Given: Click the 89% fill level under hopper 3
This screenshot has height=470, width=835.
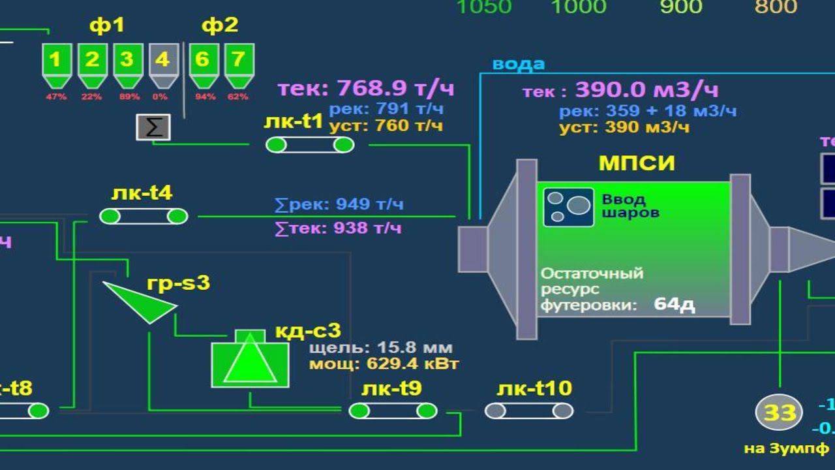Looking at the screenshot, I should (x=127, y=97).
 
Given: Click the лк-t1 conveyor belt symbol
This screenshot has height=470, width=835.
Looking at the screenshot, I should (x=310, y=145).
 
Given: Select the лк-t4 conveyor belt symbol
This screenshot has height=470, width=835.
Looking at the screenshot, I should (x=144, y=216).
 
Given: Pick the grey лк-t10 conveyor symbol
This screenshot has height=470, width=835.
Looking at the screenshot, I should (x=529, y=411).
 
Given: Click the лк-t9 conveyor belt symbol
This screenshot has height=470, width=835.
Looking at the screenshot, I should (x=393, y=411).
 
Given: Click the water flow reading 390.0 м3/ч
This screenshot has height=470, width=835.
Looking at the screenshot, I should (x=646, y=89).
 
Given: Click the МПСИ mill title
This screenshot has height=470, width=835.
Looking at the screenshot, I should (x=637, y=163).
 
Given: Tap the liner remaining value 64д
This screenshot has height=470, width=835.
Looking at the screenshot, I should (x=675, y=304).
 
